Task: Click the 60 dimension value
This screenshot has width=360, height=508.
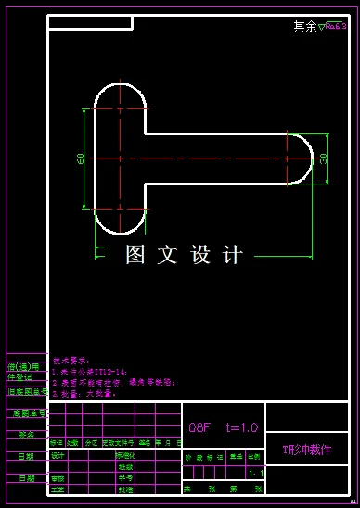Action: [82, 159]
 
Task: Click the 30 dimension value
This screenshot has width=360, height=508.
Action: [324, 159]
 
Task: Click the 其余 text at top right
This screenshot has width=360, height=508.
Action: [304, 27]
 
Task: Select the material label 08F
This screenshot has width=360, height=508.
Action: [200, 427]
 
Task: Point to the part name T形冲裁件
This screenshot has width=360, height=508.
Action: [306, 450]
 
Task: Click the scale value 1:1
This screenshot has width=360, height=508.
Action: [256, 473]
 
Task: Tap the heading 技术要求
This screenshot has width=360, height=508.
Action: [69, 360]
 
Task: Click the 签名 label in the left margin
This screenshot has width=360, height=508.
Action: [26, 434]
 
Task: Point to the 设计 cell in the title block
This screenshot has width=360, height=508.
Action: [58, 456]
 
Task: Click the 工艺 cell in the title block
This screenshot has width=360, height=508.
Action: [58, 489]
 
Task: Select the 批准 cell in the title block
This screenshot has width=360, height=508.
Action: [123, 489]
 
